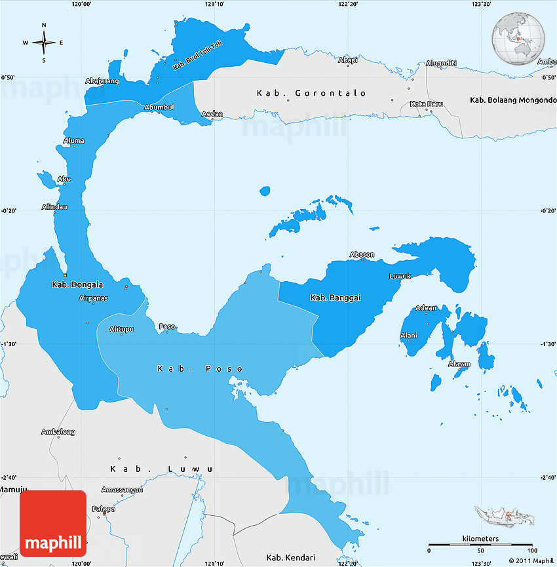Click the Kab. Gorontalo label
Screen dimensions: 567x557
coord(311,93)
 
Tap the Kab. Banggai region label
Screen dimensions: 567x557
coord(336,298)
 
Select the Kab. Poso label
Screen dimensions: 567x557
coord(200,368)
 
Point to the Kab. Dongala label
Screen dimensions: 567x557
coord(77,284)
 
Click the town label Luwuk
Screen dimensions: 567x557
coord(400,276)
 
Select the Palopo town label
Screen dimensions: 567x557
coord(104,509)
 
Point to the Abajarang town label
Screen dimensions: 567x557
coord(102,81)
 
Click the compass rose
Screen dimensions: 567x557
coord(44,43)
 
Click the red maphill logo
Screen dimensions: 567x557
coord(53,524)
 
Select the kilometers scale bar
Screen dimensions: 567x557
coord(480,544)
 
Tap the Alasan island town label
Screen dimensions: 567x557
coord(459,364)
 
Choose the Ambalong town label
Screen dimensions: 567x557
coord(58,432)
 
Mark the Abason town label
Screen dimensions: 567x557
coord(362,254)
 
